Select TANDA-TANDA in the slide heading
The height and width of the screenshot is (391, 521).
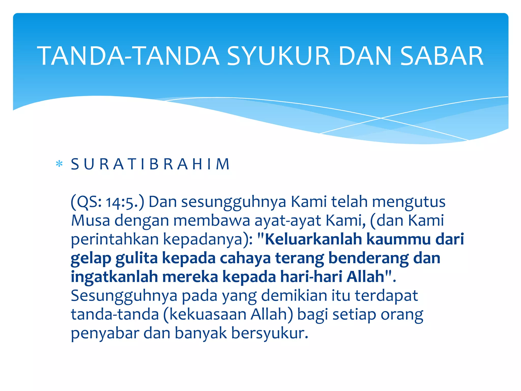[128, 56]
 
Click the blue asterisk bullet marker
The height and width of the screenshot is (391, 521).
[59, 164]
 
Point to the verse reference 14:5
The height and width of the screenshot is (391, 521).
[120, 203]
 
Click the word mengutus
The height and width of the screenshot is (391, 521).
[409, 202]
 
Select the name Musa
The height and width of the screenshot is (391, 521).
[90, 220]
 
